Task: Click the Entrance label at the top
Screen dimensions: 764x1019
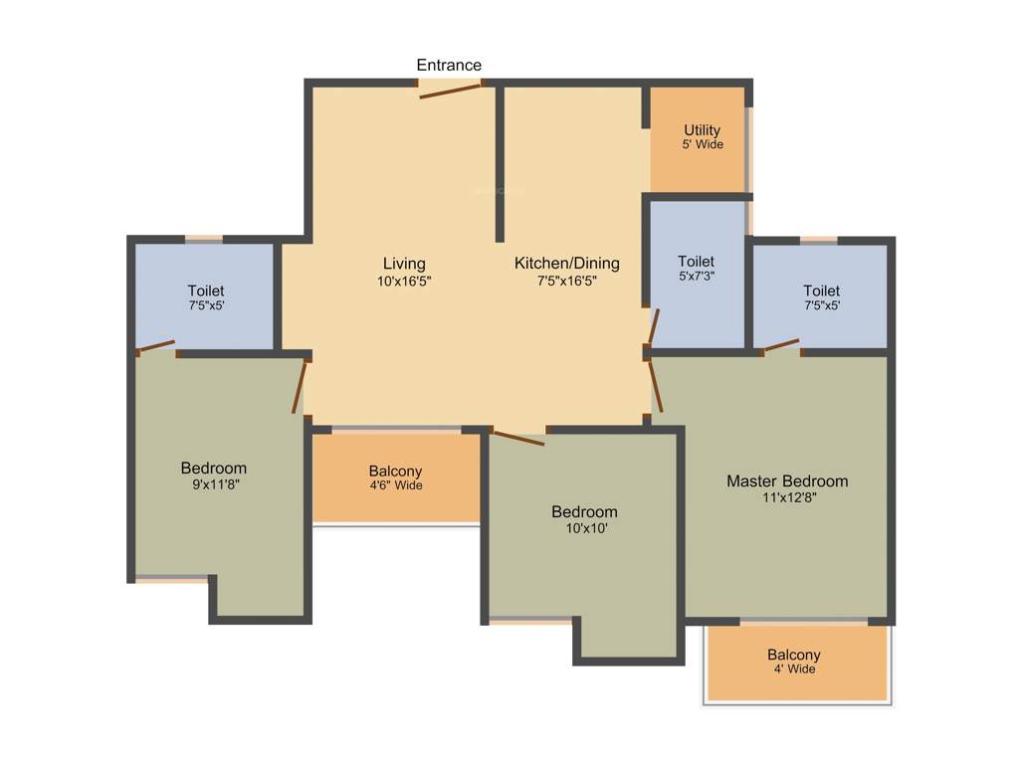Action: [x=449, y=65]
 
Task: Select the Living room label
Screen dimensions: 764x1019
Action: [x=404, y=264]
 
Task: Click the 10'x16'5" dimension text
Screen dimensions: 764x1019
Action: [x=404, y=282]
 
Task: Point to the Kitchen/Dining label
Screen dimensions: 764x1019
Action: [x=566, y=264]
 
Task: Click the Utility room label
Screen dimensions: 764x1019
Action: [x=702, y=130]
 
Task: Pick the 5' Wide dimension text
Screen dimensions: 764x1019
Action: [x=702, y=145]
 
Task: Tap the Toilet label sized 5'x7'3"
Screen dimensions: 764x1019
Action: [x=696, y=262]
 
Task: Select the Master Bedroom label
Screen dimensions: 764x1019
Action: [x=787, y=481]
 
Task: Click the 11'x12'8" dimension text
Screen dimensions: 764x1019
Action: [x=787, y=498]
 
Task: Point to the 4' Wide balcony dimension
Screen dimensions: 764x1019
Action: [x=793, y=669]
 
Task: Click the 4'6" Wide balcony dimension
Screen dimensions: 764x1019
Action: [x=395, y=485]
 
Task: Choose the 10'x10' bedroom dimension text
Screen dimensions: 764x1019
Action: [x=584, y=529]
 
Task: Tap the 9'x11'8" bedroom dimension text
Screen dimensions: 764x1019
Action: [x=213, y=485]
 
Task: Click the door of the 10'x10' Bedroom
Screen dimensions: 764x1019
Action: [x=518, y=438]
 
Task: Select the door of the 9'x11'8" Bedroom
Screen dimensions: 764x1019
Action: [x=300, y=388]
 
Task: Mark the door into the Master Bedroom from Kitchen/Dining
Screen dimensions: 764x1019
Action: [x=655, y=386]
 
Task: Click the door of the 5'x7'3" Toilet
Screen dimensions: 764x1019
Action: [x=653, y=326]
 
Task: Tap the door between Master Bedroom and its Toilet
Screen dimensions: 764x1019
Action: [x=780, y=346]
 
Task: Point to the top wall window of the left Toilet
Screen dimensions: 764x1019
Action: [x=204, y=239]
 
